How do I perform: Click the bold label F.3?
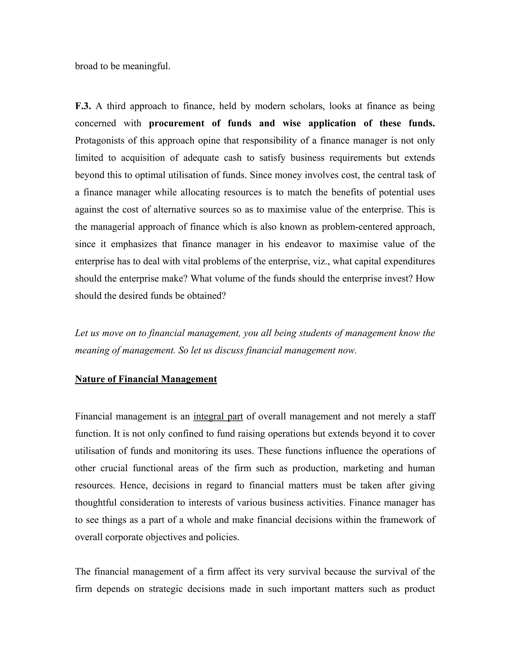(x=83, y=106)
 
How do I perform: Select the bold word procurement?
(x=177, y=123)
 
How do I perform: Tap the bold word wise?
(x=292, y=123)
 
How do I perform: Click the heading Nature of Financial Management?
(x=146, y=379)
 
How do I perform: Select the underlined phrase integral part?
(x=218, y=416)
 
